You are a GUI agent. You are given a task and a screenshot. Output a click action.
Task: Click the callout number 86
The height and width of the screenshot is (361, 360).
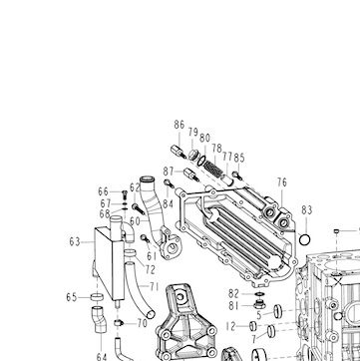pos(180,125)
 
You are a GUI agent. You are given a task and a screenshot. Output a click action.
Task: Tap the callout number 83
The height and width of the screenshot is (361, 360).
pos(307,210)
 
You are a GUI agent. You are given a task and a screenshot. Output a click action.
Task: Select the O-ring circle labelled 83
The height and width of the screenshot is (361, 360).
pos(305,239)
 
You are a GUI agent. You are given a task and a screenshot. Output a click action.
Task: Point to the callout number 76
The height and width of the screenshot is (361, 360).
pos(282,182)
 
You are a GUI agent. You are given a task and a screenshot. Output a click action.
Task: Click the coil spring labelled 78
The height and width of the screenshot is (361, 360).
pos(213,168)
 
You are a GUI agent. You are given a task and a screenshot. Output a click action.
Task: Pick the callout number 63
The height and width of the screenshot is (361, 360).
pos(75,242)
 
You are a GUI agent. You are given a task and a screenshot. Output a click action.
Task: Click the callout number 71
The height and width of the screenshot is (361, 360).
pos(154,286)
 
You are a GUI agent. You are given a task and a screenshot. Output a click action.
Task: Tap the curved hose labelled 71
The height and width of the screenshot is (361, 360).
pos(139,290)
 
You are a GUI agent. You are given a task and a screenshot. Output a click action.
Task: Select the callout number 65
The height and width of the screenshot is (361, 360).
pos(72,297)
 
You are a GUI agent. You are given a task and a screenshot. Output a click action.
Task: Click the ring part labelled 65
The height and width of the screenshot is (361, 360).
pos(97,297)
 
